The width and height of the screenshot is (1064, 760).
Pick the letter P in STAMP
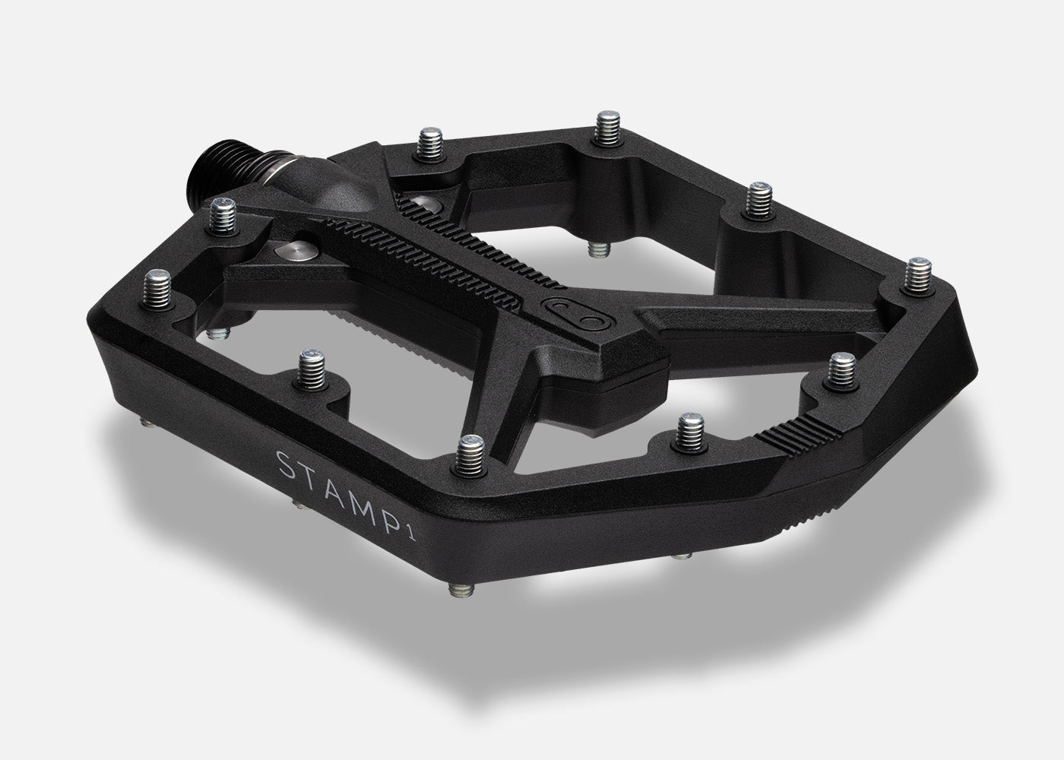click(x=396, y=506)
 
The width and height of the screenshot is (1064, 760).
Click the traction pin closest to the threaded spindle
click(x=223, y=213)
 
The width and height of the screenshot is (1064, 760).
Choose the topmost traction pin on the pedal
click(x=607, y=126)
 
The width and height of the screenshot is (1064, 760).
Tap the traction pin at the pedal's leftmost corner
click(x=159, y=286)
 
